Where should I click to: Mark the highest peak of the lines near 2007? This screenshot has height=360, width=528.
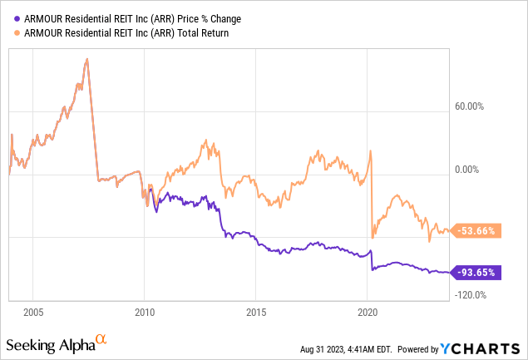(x=87, y=59)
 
